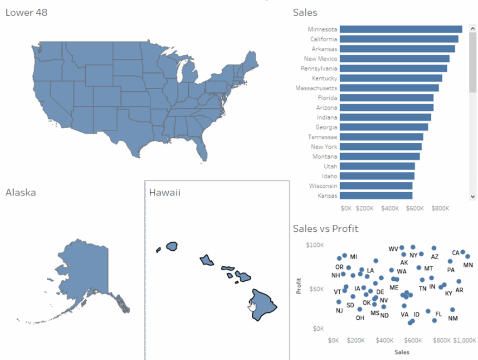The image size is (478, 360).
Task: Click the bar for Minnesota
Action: pos(401,29)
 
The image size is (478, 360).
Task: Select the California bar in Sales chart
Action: pos(399,39)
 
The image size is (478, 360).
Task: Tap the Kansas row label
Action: pos(327,195)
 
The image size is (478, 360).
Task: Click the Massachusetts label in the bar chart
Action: pos(316,88)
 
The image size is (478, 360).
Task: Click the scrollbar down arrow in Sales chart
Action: pos(472,196)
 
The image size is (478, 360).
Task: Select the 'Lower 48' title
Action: pos(26,12)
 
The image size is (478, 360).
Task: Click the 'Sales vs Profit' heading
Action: pos(325,229)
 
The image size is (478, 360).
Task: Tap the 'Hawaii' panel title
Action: pos(164,192)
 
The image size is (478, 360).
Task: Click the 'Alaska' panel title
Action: pos(21,192)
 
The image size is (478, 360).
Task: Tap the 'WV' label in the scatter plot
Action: pos(393,249)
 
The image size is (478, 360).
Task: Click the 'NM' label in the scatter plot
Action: pos(453,318)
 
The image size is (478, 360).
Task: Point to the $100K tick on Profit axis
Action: pos(315,245)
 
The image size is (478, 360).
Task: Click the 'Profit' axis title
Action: pos(298,287)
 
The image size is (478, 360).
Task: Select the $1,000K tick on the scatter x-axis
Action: pos(464,340)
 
